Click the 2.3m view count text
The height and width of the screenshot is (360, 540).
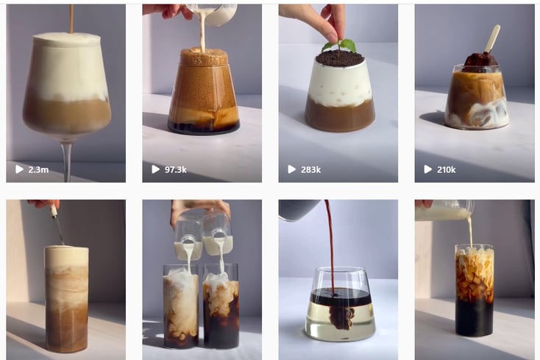pyautogui.click(x=38, y=169)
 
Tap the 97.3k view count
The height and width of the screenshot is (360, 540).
pyautogui.click(x=176, y=169)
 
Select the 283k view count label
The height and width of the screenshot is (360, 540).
pyautogui.click(x=310, y=169)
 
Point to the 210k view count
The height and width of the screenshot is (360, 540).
pyautogui.click(x=446, y=169)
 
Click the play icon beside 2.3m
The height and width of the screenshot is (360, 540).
pyautogui.click(x=19, y=169)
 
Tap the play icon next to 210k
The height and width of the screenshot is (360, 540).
pyautogui.click(x=427, y=169)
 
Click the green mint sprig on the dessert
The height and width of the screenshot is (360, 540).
pyautogui.click(x=340, y=46)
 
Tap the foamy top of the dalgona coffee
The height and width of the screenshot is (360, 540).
pyautogui.click(x=204, y=57)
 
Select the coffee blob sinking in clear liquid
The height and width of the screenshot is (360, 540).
pyautogui.click(x=341, y=317)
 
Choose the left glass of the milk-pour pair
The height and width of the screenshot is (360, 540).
pyautogui.click(x=181, y=306)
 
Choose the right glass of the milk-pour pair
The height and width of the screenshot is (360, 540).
pyautogui.click(x=221, y=306)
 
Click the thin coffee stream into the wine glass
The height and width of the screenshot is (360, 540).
pyautogui.click(x=71, y=19)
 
